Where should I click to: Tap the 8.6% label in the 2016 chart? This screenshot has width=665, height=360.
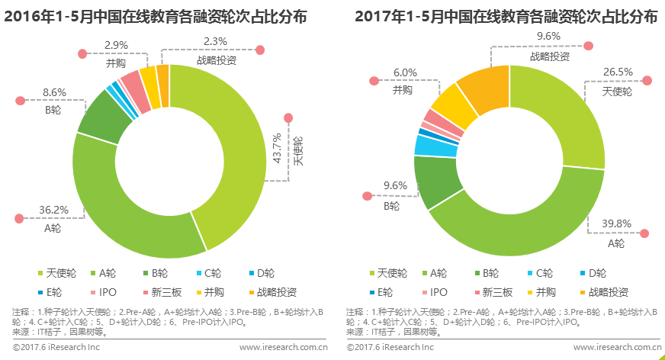(x=54, y=92)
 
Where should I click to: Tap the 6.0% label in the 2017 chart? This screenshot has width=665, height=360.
(x=405, y=72)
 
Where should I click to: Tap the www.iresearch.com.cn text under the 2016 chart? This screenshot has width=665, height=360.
(x=284, y=347)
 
